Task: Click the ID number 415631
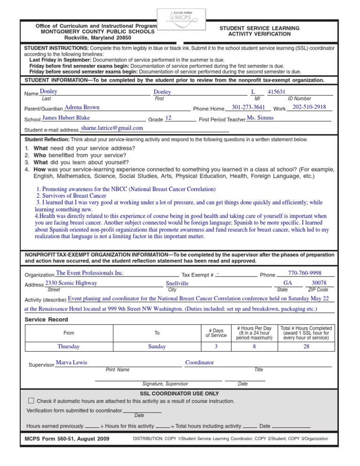[277, 92]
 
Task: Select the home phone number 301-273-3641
[248, 107]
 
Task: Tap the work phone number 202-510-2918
[309, 107]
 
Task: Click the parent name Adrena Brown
[82, 107]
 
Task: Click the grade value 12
[168, 118]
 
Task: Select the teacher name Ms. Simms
[260, 118]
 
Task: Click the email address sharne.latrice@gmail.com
[112, 128]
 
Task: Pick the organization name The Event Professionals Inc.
[90, 273]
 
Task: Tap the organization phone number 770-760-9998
[304, 273]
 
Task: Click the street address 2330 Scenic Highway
[71, 283]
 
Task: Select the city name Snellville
[177, 284]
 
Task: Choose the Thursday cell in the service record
[68, 347]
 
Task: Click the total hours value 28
[306, 347]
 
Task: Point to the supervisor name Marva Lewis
[71, 362]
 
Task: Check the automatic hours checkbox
[31, 401]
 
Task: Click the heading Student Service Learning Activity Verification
[259, 31]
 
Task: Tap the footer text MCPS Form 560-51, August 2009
[67, 439]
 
